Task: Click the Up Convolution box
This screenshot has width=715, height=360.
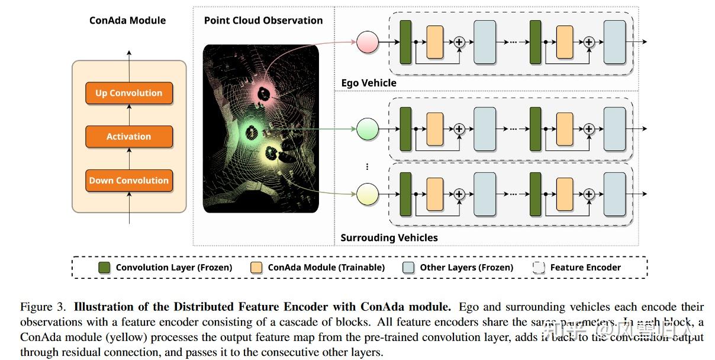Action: point(128,93)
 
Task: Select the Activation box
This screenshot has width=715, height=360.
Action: point(128,136)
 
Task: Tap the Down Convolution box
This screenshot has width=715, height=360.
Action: point(128,181)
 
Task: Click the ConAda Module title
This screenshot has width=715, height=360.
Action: point(127,20)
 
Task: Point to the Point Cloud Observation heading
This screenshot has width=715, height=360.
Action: point(263,20)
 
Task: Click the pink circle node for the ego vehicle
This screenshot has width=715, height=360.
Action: point(367,42)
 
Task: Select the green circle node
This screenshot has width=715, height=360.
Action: point(367,128)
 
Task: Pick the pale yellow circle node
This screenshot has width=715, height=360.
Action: point(367,193)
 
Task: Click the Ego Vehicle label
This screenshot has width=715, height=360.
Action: point(369,83)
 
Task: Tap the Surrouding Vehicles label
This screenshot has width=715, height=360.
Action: point(389,237)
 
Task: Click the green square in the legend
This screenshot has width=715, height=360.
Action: point(105,267)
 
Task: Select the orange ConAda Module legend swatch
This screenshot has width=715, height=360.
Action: point(257,267)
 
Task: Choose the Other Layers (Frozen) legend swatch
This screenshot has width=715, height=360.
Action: point(408,267)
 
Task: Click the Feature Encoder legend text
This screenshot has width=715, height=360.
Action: point(585,267)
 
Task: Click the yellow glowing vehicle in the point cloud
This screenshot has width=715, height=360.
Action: point(273,154)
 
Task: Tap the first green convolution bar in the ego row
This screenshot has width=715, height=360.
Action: point(405,42)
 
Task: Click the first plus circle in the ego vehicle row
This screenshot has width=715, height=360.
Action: point(459,42)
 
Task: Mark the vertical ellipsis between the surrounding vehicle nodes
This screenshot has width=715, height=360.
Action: point(367,166)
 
